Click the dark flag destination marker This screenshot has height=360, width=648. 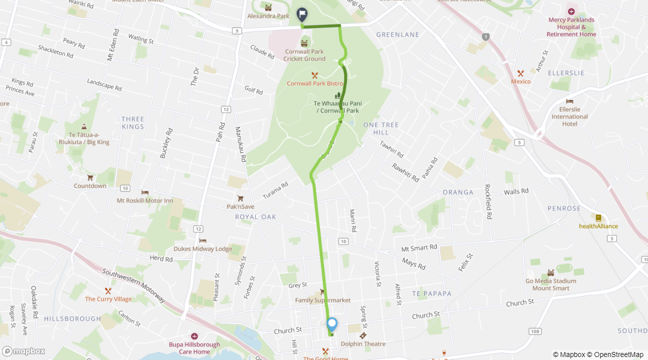(302, 13)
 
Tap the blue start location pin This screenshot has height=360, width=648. (331, 324)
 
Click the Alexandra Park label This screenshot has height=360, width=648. (268, 16)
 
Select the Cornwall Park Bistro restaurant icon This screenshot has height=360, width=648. (314, 75)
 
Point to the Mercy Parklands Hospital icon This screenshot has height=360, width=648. (571, 11)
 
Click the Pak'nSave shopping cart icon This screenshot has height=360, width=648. (240, 198)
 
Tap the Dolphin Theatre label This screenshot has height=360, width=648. (363, 344)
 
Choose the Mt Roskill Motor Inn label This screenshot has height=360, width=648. (144, 200)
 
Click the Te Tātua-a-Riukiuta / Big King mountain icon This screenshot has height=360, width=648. (83, 127)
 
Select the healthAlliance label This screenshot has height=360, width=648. (598, 226)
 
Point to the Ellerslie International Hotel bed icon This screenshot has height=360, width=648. (569, 101)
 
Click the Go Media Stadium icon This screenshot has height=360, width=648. (550, 272)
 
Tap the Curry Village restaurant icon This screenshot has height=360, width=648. (108, 291)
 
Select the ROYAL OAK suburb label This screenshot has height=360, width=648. (255, 216)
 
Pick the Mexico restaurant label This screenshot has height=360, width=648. (520, 81)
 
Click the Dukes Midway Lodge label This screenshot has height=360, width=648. (202, 248)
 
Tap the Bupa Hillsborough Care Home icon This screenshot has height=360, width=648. (194, 336)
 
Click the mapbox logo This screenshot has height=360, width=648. (23, 351)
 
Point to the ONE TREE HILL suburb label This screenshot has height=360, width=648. (381, 128)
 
